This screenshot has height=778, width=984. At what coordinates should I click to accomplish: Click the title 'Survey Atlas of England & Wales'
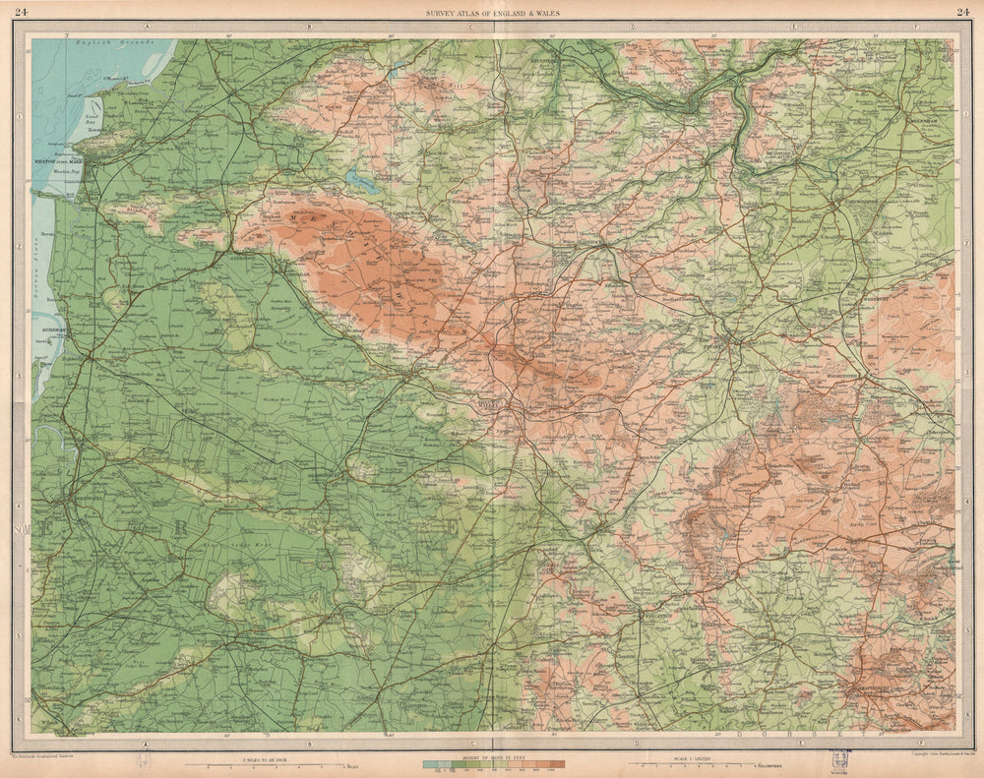coord(492,12)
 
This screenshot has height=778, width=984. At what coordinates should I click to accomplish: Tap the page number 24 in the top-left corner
coord(22,12)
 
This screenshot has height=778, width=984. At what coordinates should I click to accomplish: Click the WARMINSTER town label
coord(843,377)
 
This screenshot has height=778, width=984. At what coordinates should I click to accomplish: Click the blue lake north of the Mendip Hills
coord(361,182)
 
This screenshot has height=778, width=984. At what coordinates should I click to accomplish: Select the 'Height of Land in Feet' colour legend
coord(492,761)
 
